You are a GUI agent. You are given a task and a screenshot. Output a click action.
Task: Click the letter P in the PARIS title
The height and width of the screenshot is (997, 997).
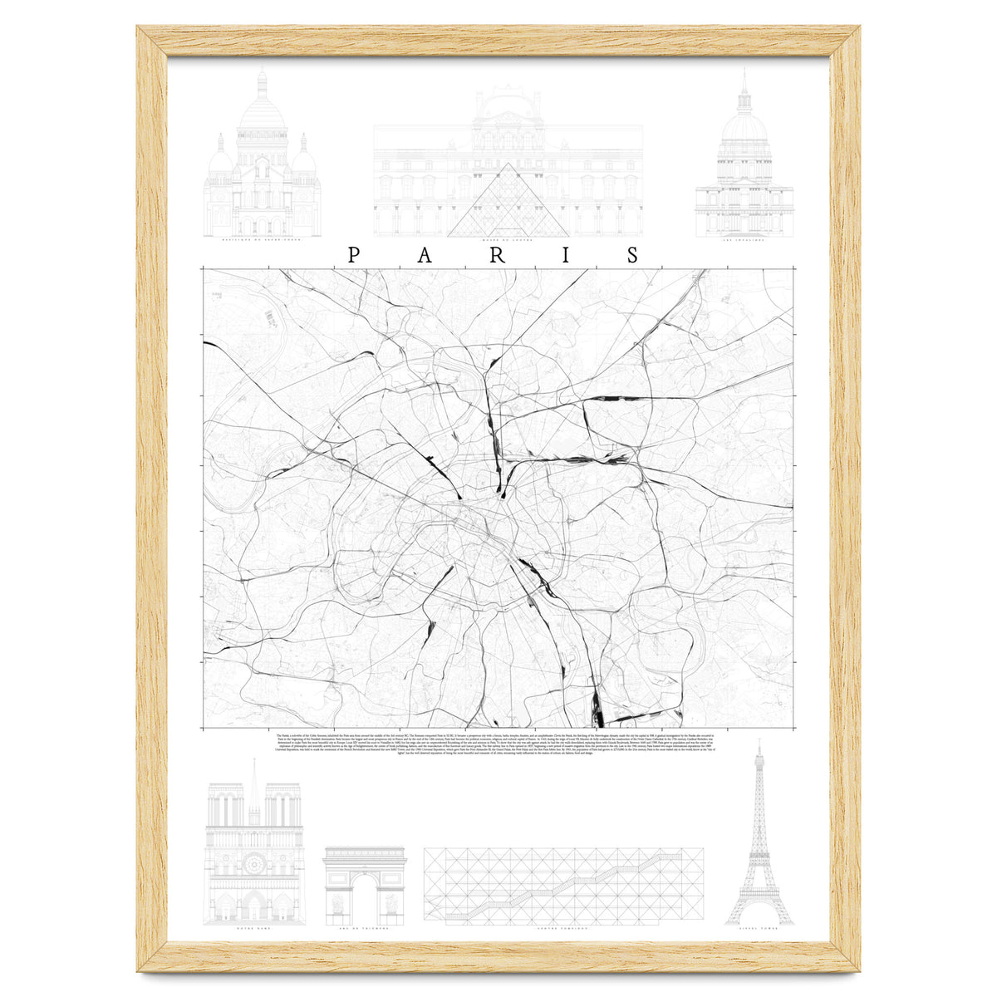pos(353,255)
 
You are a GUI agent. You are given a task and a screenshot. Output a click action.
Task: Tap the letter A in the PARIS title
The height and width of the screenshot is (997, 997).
pos(425,255)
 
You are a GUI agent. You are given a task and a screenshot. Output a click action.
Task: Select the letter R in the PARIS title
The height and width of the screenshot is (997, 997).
pos(496,255)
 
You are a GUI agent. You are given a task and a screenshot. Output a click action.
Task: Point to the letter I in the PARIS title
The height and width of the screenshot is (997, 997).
pos(566,255)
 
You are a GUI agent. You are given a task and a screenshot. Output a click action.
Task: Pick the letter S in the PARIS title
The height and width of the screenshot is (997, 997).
pos(634,255)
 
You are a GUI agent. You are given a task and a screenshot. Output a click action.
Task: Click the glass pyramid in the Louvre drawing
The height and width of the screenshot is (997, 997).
pos(508,204)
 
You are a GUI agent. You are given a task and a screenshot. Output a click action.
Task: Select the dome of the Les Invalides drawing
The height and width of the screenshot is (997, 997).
pos(744,125)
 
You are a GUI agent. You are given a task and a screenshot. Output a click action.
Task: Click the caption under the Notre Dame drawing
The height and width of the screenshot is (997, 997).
pos(255,931)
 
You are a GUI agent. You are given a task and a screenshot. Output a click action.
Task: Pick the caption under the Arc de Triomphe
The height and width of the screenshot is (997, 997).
pos(365,931)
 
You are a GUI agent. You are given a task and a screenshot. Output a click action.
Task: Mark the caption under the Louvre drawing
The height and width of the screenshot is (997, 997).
pos(508,242)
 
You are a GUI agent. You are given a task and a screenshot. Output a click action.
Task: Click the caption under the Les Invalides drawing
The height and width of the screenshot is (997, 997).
pos(744,242)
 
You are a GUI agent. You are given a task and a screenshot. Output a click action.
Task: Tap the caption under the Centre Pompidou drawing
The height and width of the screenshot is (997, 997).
pos(563,931)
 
